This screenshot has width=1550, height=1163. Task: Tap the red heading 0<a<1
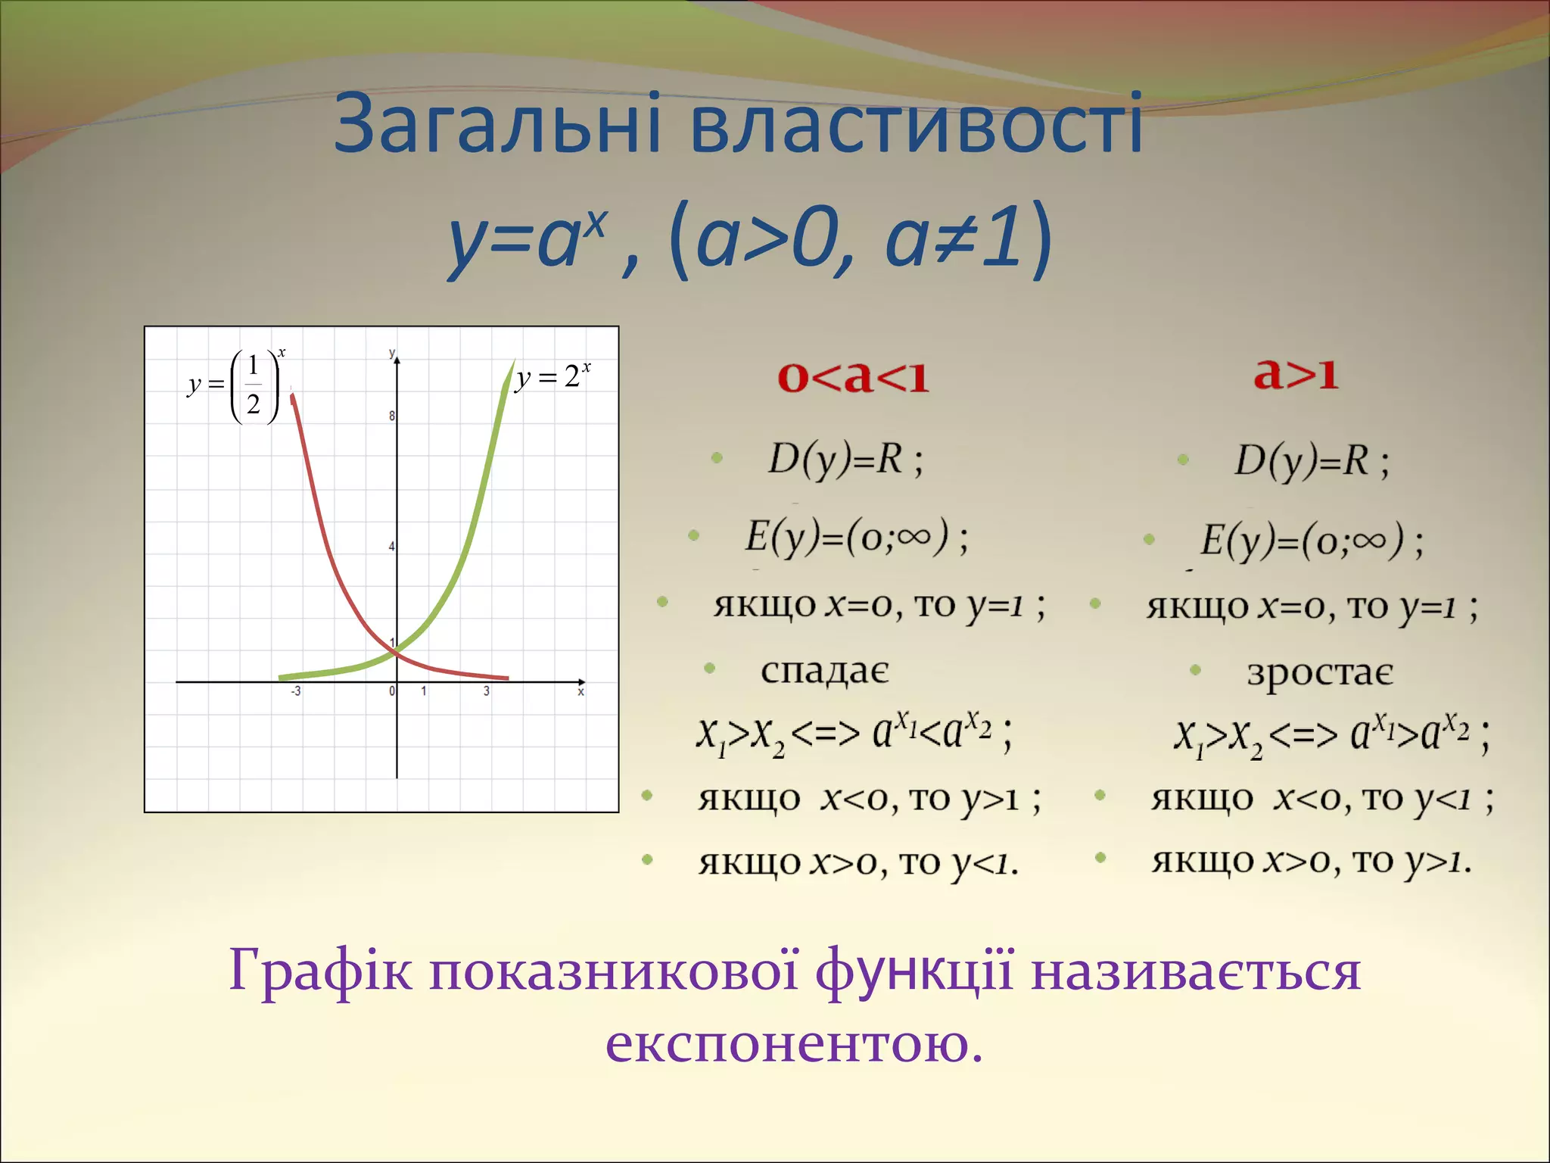(853, 376)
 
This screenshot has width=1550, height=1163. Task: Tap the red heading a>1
(1296, 373)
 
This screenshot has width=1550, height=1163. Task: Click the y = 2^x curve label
(552, 376)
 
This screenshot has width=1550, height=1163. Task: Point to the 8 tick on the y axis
(392, 416)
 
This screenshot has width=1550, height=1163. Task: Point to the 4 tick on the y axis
(392, 546)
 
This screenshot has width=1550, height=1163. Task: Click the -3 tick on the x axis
(296, 691)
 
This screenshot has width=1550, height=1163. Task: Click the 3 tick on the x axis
(487, 691)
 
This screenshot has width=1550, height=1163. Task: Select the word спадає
(824, 671)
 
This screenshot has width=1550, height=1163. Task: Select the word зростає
(1320, 673)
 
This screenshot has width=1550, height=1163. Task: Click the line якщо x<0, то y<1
(1321, 799)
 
